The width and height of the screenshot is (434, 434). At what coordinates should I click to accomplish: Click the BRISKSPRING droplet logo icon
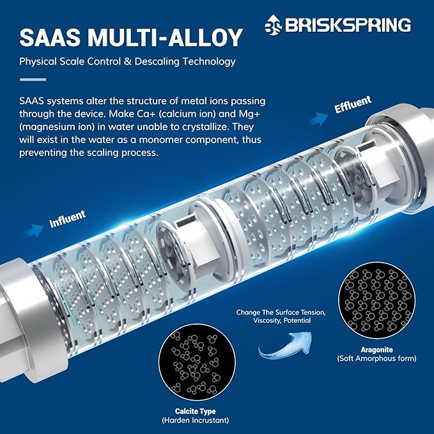tap(273, 25)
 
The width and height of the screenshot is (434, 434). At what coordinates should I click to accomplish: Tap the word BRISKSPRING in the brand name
tap(348, 25)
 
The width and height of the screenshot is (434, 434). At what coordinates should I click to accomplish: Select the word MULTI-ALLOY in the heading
tap(166, 37)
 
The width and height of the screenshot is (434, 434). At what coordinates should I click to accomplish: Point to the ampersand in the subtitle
tap(128, 61)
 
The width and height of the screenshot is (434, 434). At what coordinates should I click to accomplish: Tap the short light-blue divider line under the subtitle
tap(33, 80)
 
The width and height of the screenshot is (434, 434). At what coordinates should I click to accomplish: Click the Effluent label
tap(353, 104)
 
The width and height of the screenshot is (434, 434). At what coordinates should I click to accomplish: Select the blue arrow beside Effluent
tap(318, 120)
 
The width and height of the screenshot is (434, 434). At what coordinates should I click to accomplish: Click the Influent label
tap(67, 219)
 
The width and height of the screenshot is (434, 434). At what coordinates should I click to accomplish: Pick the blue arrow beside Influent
tap(34, 230)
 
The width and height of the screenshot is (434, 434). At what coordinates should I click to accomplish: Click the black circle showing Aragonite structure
tap(376, 300)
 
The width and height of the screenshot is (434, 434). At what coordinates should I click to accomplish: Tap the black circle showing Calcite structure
tap(197, 362)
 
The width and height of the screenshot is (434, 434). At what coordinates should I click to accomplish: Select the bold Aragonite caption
tap(376, 350)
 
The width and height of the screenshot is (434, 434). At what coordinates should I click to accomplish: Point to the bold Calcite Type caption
tap(196, 412)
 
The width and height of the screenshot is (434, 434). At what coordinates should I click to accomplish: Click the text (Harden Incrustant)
tap(196, 421)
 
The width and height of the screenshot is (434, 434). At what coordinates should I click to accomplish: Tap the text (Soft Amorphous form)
tap(376, 359)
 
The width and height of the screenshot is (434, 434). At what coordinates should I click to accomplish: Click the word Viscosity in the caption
tap(267, 321)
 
